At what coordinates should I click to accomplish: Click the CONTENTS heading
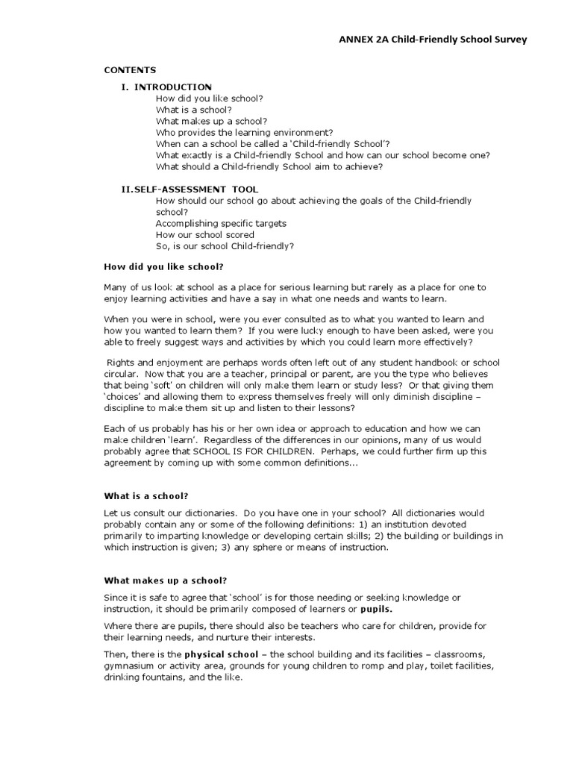coord(129,70)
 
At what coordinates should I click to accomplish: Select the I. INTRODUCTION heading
coord(166,87)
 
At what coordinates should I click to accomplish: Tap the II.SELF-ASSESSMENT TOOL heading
coord(190,190)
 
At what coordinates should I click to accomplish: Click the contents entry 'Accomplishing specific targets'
coord(221,223)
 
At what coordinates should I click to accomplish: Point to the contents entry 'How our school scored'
coord(204,235)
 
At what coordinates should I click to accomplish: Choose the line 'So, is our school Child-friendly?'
coord(225,246)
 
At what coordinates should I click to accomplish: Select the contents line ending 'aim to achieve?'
coord(269,166)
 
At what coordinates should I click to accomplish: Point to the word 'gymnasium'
coord(128,665)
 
